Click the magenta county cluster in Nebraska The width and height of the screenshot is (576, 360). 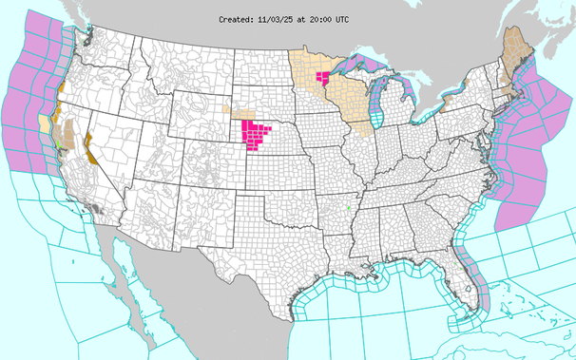click(x=259, y=134)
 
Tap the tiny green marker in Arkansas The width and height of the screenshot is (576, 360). click(x=349, y=208)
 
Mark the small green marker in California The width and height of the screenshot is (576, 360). click(x=58, y=142)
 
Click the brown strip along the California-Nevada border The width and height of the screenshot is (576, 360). click(x=88, y=149)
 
